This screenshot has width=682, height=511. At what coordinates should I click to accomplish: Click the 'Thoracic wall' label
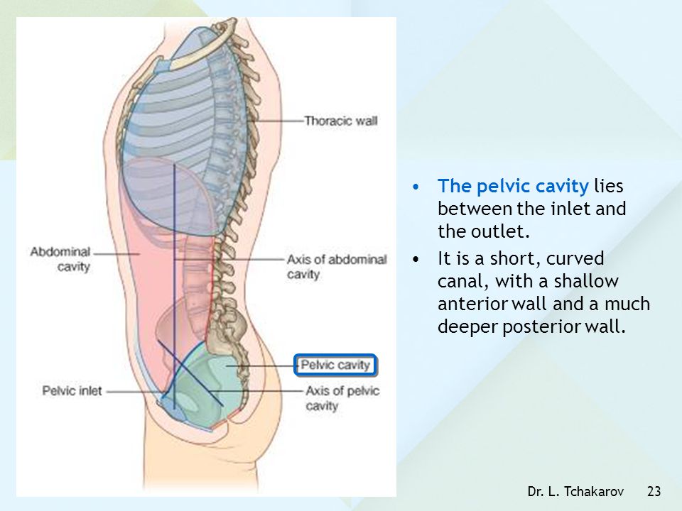(x=340, y=121)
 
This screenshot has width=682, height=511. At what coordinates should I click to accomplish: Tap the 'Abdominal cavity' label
(x=60, y=259)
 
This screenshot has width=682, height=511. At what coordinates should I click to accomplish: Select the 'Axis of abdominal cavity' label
(x=337, y=267)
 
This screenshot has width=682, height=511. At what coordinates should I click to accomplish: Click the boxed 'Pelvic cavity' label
(x=335, y=365)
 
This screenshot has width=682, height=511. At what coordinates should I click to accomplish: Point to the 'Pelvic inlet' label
(x=72, y=391)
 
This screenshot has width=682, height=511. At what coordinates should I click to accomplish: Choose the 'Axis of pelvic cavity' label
(x=342, y=398)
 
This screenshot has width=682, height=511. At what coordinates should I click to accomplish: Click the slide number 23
(x=654, y=491)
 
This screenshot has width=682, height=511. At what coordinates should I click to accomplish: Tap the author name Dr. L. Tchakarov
(x=575, y=491)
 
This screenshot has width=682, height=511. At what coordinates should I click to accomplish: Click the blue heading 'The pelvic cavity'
(x=513, y=186)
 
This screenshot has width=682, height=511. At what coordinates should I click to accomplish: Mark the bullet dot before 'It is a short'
(x=416, y=260)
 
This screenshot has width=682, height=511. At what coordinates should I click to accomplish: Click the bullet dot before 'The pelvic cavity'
(x=416, y=187)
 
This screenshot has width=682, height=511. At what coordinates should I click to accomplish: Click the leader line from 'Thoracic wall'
(x=277, y=121)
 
